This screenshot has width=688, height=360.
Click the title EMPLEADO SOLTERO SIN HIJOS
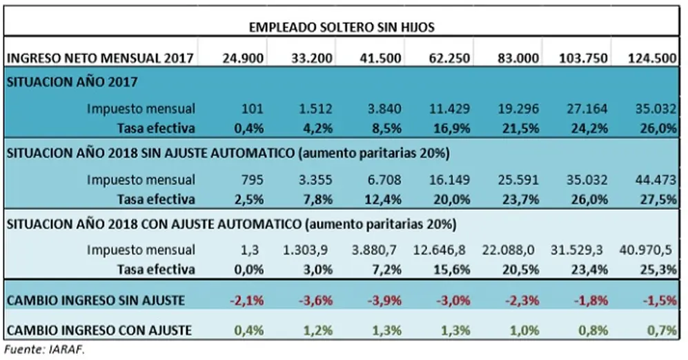(x=342, y=28)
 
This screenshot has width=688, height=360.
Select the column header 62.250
(x=449, y=59)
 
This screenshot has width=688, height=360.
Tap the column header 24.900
(x=243, y=59)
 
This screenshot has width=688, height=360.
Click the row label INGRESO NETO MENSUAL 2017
(x=101, y=59)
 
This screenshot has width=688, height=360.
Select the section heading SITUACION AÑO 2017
(x=72, y=82)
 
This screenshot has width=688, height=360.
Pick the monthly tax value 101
(x=253, y=108)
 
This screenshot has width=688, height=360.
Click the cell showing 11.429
(x=449, y=108)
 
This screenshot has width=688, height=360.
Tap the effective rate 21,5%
(x=518, y=128)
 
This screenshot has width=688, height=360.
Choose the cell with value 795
(x=253, y=180)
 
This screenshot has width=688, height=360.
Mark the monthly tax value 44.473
(x=656, y=180)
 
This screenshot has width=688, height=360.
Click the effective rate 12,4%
(x=383, y=199)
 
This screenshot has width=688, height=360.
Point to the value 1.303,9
(x=306, y=250)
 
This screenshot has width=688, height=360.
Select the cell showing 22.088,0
(x=509, y=250)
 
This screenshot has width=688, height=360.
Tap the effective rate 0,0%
(x=249, y=270)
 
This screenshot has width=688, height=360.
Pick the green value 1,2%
(x=318, y=330)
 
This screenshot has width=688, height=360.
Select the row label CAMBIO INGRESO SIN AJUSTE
(x=96, y=301)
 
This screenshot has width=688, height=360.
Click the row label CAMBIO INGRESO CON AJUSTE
(x=99, y=330)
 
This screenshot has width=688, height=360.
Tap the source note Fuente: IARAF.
(x=44, y=350)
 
